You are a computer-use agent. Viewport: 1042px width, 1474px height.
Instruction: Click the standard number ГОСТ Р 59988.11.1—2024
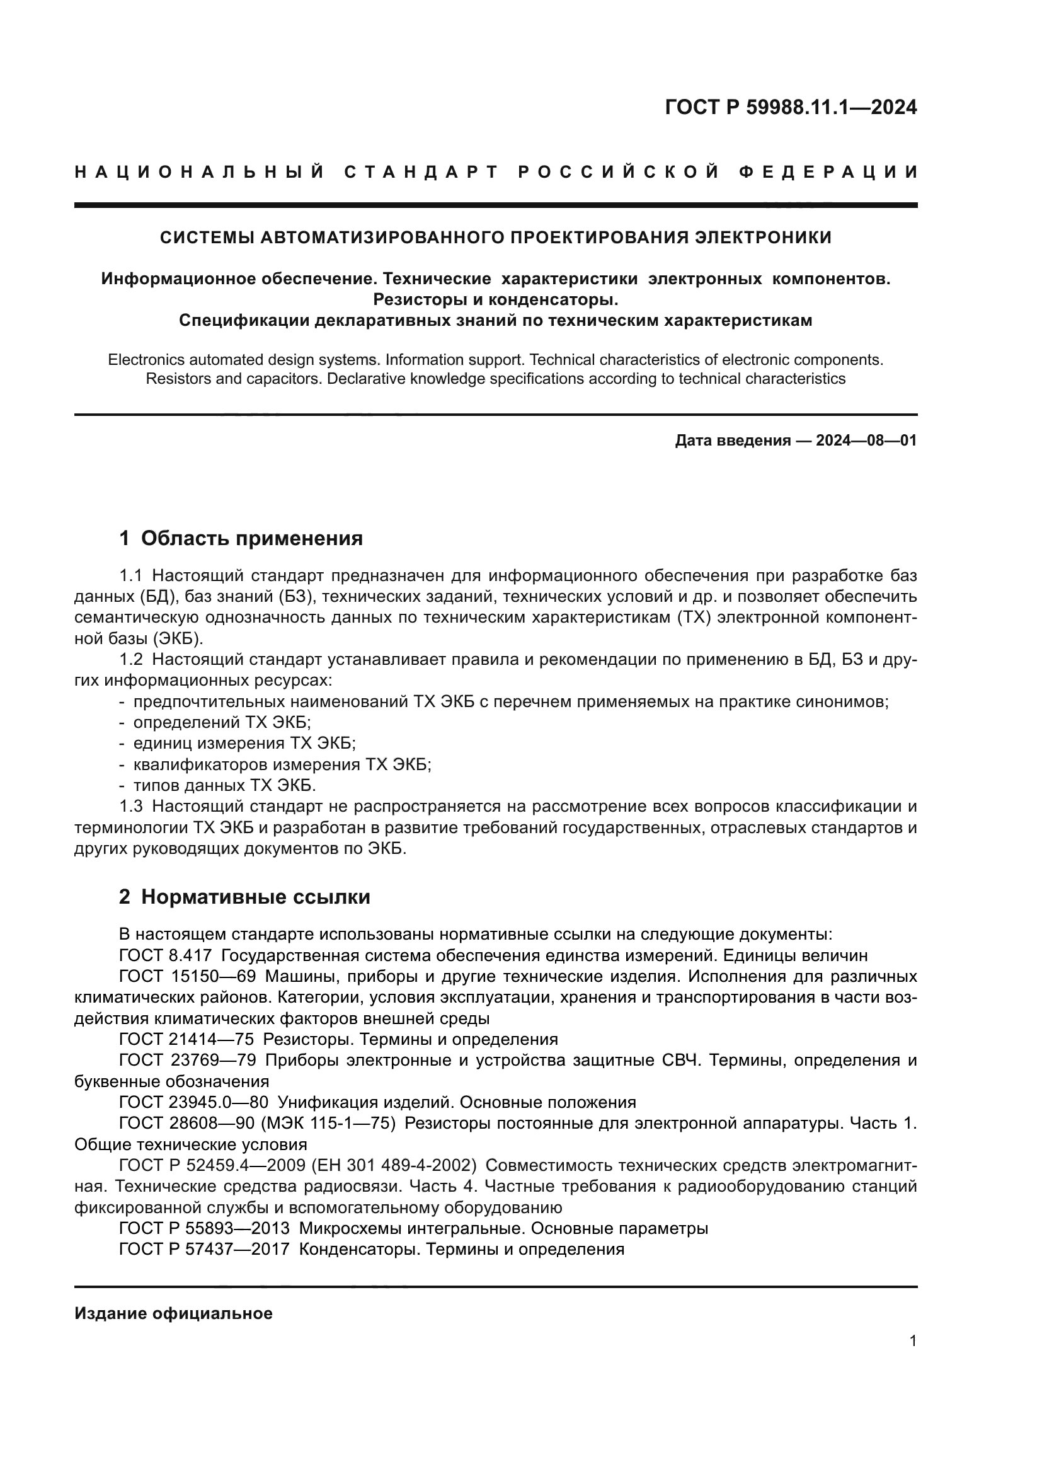point(791,107)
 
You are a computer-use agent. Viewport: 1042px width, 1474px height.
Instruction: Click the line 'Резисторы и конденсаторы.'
point(495,300)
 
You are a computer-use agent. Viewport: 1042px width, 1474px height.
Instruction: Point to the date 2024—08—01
point(866,440)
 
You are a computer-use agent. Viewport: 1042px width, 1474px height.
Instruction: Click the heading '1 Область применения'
point(241,538)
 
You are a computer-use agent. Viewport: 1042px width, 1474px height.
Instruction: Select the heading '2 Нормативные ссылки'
point(244,897)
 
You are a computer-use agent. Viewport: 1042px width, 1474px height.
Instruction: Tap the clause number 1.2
point(131,659)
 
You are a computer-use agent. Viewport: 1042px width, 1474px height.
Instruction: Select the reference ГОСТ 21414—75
point(186,1039)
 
